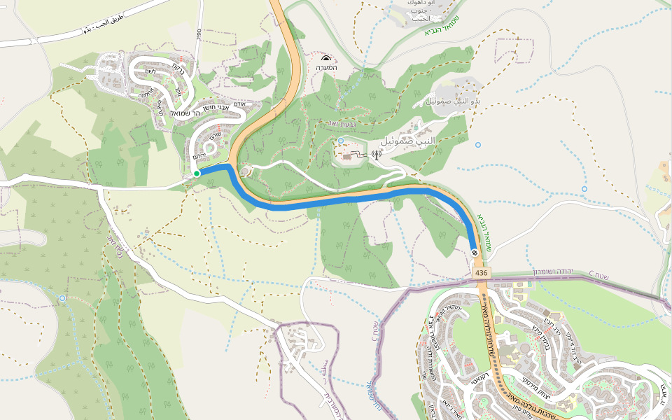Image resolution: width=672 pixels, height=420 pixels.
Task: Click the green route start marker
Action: [197, 173]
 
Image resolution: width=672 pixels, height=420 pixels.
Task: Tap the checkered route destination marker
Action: [475, 253]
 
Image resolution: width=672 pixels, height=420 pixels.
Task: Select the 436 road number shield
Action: [480, 272]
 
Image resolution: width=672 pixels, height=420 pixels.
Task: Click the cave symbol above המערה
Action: [326, 59]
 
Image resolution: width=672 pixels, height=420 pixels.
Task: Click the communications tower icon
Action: [376, 155]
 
